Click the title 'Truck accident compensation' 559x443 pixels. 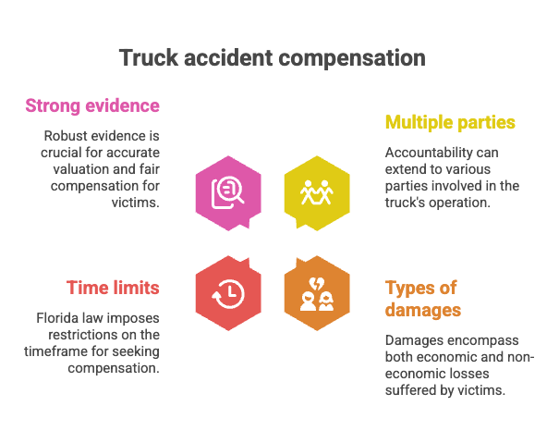(273, 58)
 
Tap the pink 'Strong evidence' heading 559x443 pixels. (92, 105)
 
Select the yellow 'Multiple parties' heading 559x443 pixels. (450, 122)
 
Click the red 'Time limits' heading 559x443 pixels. (113, 288)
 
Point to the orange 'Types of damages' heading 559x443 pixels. (423, 299)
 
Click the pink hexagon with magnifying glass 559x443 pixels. (228, 193)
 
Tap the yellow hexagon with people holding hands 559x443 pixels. (317, 193)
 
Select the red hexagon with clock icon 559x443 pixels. (228, 293)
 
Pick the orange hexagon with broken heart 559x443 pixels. (317, 293)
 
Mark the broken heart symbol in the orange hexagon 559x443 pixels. (316, 284)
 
